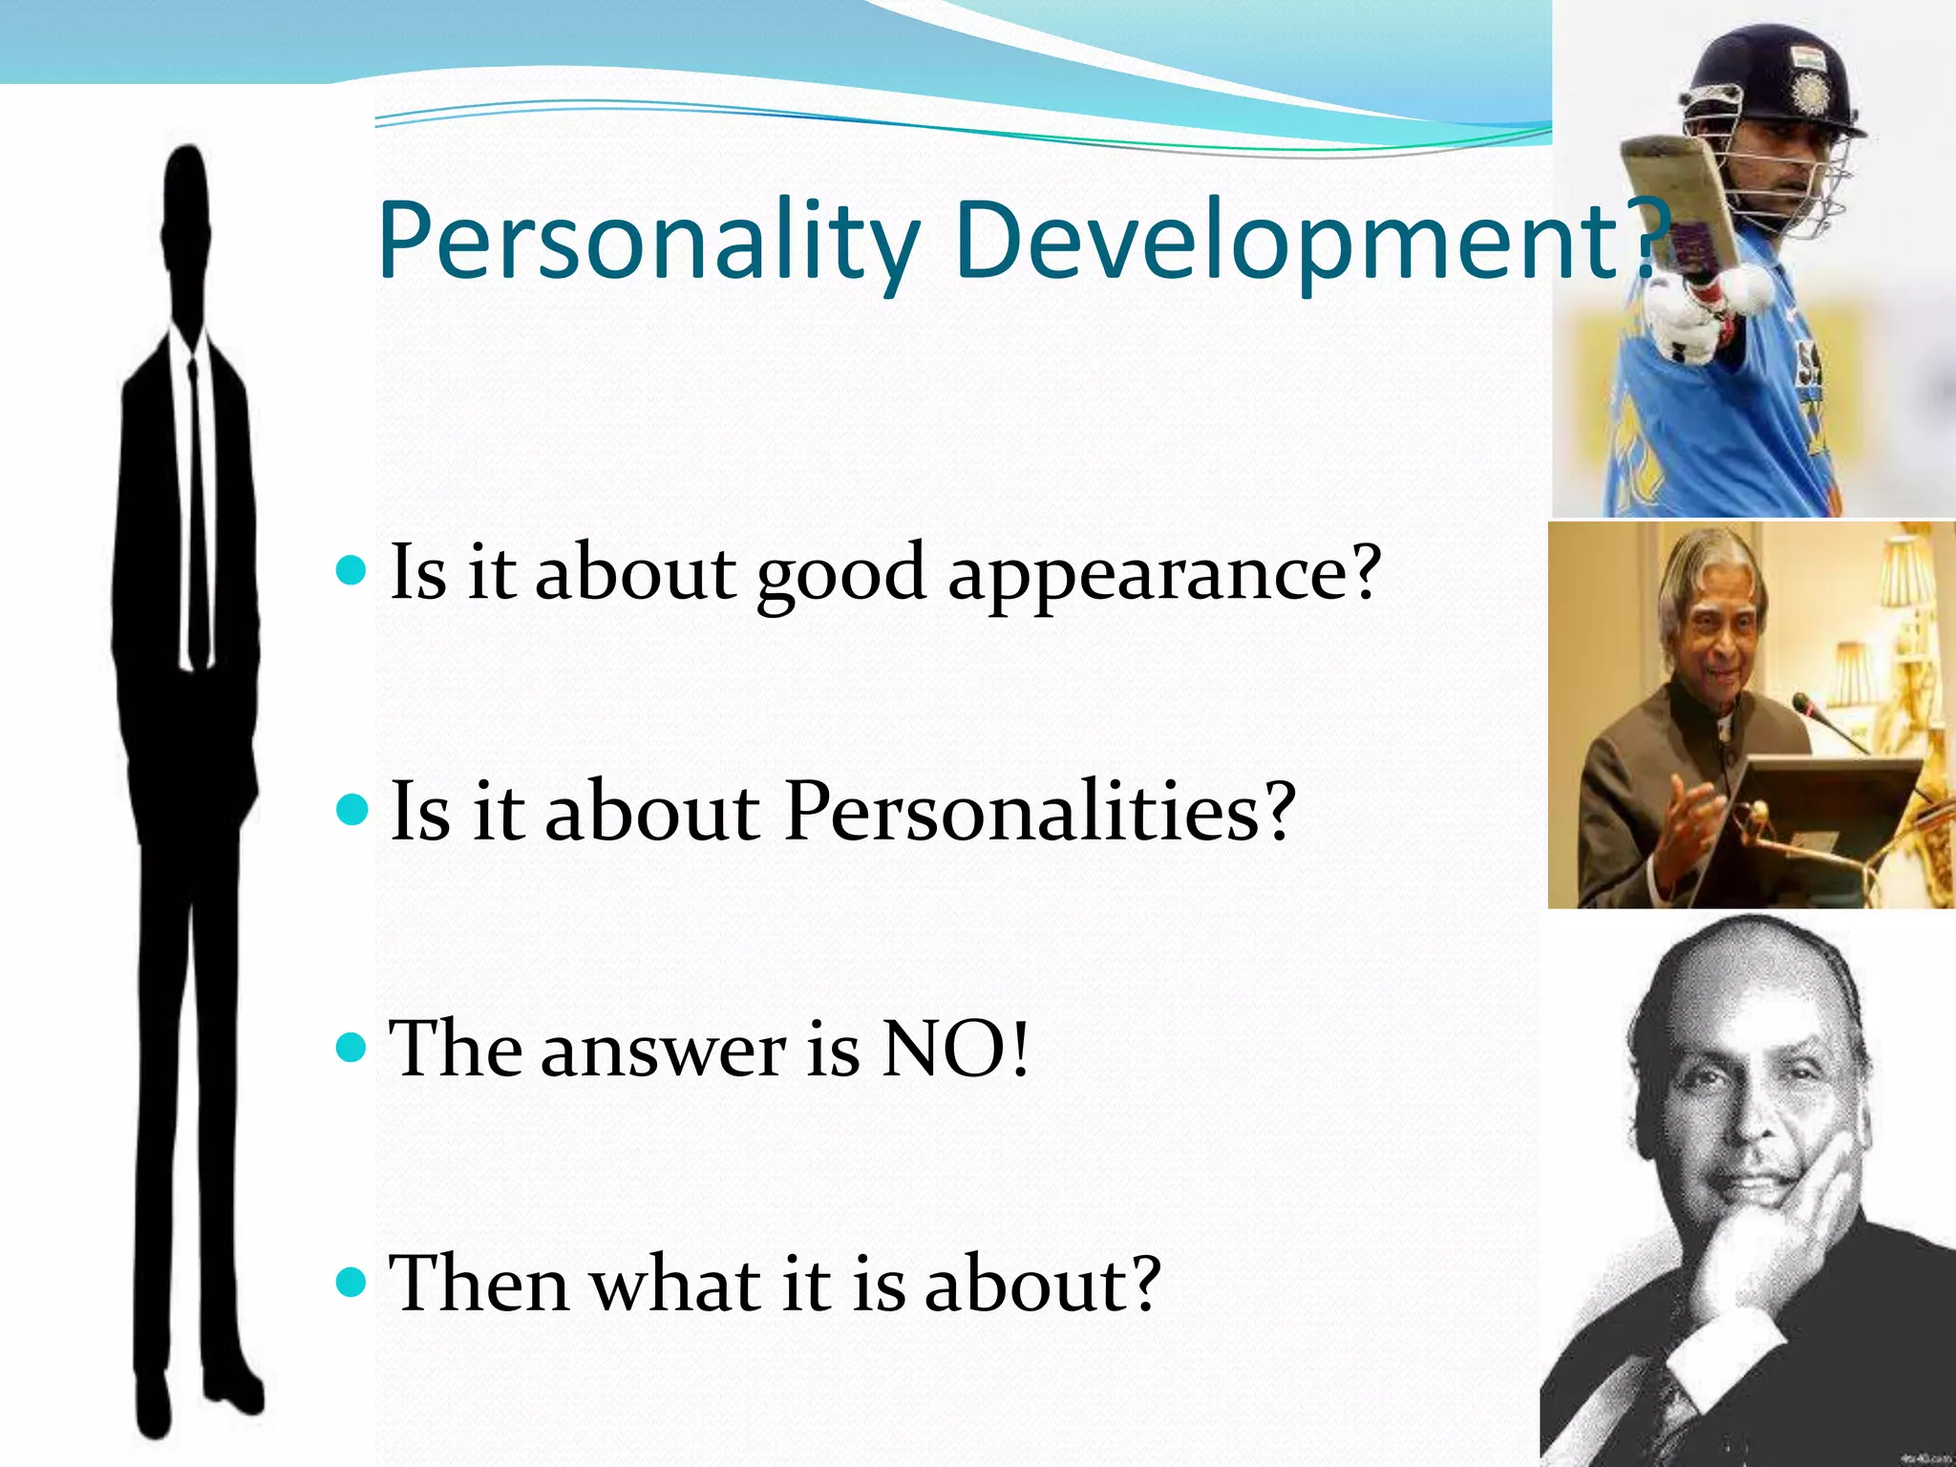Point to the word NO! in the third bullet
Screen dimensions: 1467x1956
pos(954,1049)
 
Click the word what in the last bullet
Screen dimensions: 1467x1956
pos(674,1285)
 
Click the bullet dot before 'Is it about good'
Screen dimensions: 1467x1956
pos(352,571)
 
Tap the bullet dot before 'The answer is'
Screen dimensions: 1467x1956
pos(352,1048)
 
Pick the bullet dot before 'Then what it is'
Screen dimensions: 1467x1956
pos(352,1283)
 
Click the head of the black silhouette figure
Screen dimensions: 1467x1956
pos(187,229)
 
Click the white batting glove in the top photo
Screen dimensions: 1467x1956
pos(1695,320)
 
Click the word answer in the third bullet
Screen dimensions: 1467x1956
pos(663,1049)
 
